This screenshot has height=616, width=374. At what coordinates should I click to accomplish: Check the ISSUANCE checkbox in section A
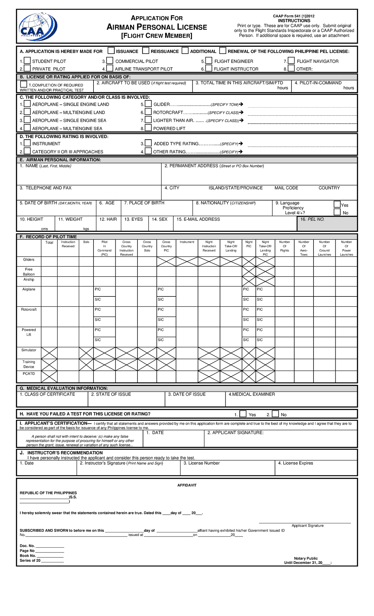[x=111, y=51]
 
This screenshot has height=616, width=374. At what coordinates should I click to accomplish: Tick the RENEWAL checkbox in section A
[x=223, y=51]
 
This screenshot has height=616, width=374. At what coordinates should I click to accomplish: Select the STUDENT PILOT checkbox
[x=27, y=60]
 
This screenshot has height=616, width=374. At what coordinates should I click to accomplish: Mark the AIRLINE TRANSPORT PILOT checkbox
[x=110, y=68]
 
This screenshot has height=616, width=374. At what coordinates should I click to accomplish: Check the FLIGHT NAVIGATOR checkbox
[x=291, y=60]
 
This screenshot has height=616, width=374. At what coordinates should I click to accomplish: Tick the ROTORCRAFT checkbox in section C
[x=148, y=112]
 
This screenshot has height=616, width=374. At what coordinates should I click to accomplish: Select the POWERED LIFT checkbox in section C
[x=148, y=128]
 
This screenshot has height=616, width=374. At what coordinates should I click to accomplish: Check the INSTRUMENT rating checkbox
[x=27, y=143]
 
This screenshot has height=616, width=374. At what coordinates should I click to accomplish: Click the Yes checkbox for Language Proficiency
[x=337, y=204]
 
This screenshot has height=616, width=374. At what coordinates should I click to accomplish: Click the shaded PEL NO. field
[x=327, y=224]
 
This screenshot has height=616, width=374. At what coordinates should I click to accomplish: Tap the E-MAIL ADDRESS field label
[x=198, y=219]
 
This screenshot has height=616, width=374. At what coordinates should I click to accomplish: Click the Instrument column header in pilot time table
[x=187, y=242]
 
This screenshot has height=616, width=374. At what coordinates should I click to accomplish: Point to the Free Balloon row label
[x=29, y=272]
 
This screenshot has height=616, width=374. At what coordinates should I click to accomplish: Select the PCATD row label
[x=29, y=373]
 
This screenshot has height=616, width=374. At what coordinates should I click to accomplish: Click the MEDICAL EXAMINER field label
[x=252, y=394]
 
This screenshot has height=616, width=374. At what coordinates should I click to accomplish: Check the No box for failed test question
[x=275, y=414]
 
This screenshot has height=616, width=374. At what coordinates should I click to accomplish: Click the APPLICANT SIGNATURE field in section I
[x=280, y=440]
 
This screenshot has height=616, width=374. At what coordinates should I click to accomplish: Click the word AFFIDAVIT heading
[x=187, y=485]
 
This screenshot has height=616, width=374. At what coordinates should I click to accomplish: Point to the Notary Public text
[x=306, y=558]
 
